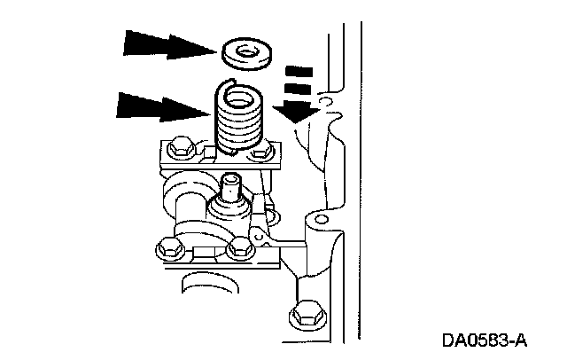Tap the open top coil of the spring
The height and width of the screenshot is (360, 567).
click(x=232, y=84)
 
